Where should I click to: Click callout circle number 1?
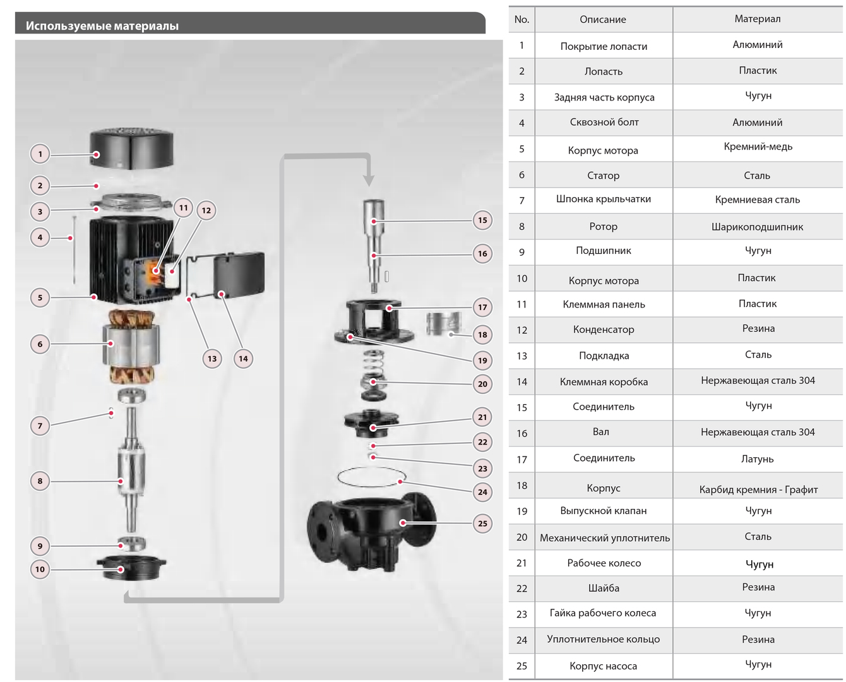pyautogui.click(x=40, y=153)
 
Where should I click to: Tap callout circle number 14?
pyautogui.click(x=244, y=359)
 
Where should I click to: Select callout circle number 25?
pyautogui.click(x=482, y=523)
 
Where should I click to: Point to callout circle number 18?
pyautogui.click(x=482, y=335)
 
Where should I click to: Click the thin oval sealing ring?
pyautogui.click(x=372, y=477)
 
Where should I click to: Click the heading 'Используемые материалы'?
pyautogui.click(x=102, y=26)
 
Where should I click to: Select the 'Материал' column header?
pyautogui.click(x=757, y=19)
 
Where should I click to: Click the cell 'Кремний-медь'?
pyautogui.click(x=758, y=147)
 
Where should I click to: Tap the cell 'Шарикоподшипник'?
pyautogui.click(x=757, y=227)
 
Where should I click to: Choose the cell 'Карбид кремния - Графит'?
pyautogui.click(x=758, y=489)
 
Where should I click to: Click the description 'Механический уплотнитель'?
pyautogui.click(x=604, y=538)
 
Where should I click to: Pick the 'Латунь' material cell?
pyautogui.click(x=757, y=459)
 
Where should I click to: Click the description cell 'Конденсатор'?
pyautogui.click(x=604, y=330)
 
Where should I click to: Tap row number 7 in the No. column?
pyautogui.click(x=521, y=200)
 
